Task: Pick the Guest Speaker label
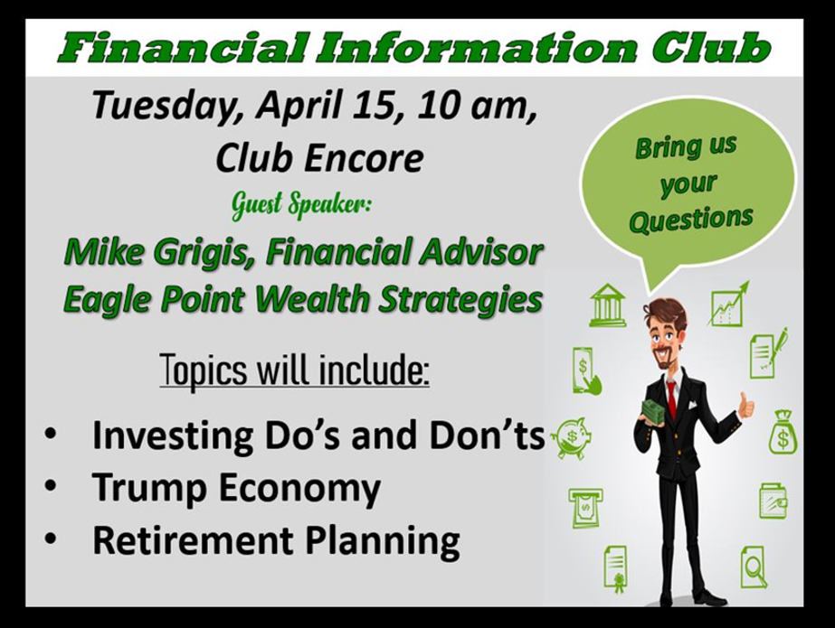click(301, 205)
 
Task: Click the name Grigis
click(203, 252)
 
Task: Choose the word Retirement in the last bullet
click(193, 540)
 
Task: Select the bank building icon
click(608, 305)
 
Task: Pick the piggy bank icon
click(571, 437)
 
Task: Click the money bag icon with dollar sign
click(783, 432)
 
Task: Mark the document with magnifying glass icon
click(754, 567)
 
